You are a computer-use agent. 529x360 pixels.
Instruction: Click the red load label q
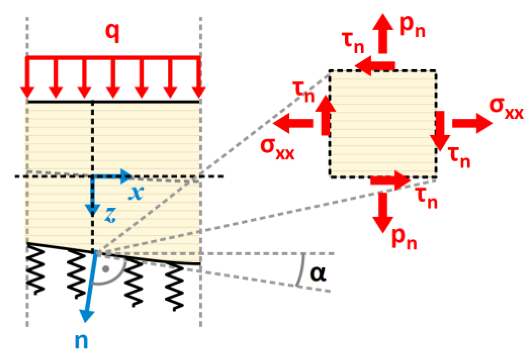tap(112, 32)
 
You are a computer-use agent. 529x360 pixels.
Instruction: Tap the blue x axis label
tap(136, 193)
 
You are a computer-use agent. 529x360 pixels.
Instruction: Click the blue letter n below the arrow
tap(81, 340)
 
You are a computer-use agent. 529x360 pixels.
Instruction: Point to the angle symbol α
tap(318, 273)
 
